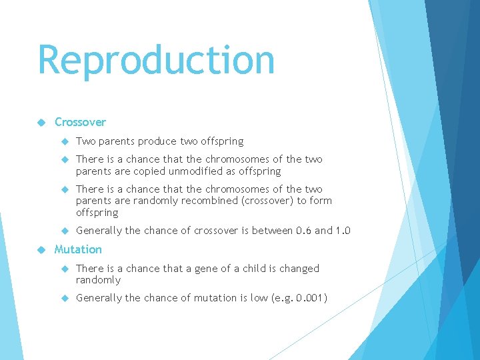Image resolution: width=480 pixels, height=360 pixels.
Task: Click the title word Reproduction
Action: click(156, 61)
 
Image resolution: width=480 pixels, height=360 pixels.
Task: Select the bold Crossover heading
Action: click(80, 122)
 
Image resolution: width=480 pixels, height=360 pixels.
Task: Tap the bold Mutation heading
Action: click(78, 249)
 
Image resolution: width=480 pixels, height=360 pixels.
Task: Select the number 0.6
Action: click(303, 231)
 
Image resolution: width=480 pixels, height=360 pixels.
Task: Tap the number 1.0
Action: click(343, 231)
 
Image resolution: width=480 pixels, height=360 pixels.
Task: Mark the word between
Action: click(267, 231)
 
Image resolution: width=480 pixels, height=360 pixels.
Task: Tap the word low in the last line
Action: click(255, 298)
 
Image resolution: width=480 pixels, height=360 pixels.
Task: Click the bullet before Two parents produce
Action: click(65, 141)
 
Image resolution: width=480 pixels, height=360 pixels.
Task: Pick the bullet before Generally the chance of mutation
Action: click(65, 298)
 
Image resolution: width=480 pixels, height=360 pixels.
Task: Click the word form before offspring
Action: click(321, 201)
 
